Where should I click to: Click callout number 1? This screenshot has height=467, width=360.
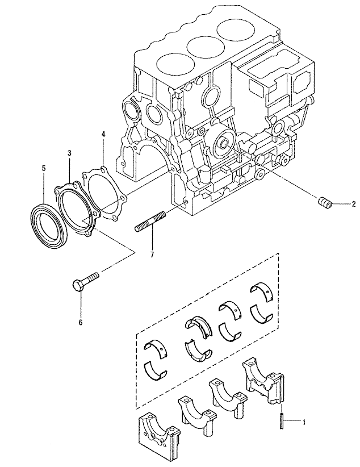[304, 422]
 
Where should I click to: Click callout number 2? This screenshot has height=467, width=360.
[353, 205]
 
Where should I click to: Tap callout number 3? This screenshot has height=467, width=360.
[69, 153]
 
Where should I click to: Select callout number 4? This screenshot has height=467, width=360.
[103, 134]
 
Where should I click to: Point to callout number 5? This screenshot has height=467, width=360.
[44, 168]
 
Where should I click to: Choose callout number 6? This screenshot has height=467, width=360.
[81, 322]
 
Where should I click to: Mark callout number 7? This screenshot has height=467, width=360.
[152, 255]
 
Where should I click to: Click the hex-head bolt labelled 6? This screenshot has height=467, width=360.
[86, 281]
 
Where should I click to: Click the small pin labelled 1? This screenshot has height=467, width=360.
[281, 421]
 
